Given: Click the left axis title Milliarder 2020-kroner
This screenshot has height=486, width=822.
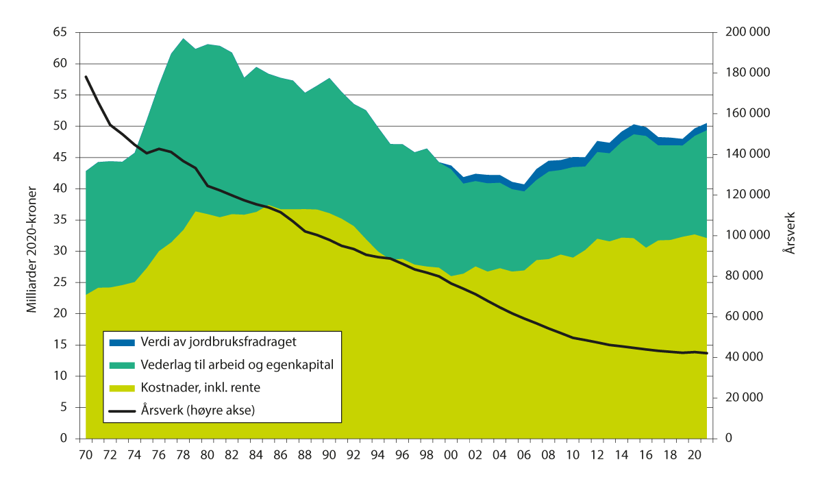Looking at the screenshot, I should pyautogui.click(x=31, y=235).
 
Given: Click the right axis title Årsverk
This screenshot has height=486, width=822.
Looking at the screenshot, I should pyautogui.click(x=790, y=235).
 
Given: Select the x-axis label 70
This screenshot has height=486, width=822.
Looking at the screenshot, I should pyautogui.click(x=86, y=455).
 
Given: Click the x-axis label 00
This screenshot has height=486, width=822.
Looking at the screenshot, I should pyautogui.click(x=451, y=455).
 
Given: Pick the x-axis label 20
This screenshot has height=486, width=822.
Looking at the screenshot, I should pyautogui.click(x=694, y=455).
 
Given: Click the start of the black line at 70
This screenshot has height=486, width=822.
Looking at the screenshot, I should pyautogui.click(x=86, y=77).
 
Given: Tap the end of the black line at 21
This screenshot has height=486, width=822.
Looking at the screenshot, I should pyautogui.click(x=706, y=353).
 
